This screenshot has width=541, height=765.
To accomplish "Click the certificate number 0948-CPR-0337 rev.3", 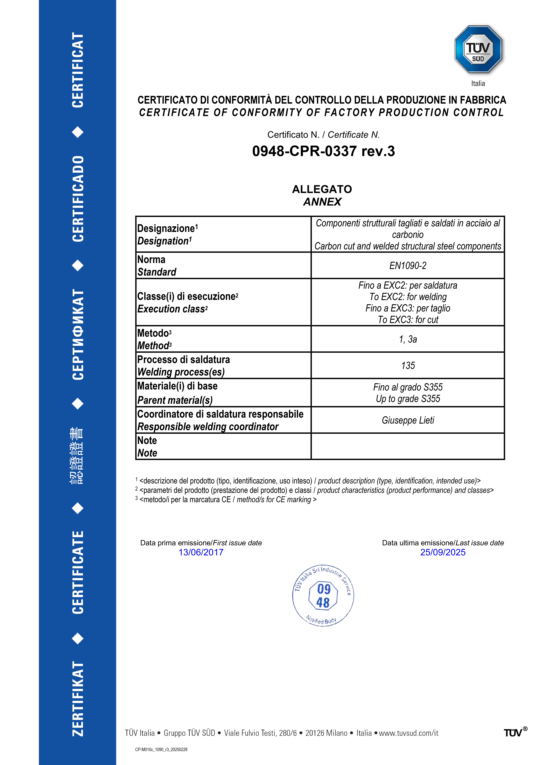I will point(323,151).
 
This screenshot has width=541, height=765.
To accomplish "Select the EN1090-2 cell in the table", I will point(408,266).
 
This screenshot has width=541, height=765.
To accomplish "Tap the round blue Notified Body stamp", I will point(323,595).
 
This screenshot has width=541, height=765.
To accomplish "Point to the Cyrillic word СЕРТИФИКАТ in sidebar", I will point(78,334).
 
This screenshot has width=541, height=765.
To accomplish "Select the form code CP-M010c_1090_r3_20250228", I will point(161,749).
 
